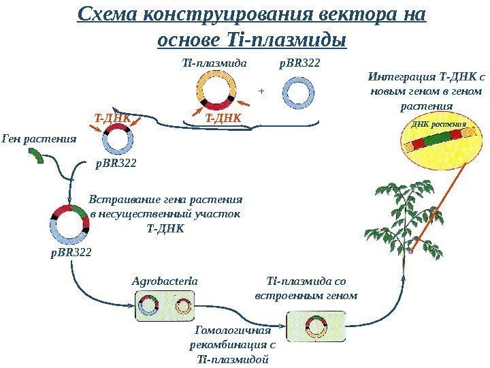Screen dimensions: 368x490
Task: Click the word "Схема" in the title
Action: [108, 14]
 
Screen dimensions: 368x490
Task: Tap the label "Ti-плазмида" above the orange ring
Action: [212, 63]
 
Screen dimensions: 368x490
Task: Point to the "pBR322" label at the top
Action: [300, 63]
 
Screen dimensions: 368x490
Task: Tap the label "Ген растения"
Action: [39, 140]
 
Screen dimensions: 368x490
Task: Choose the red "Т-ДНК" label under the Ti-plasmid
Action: [224, 119]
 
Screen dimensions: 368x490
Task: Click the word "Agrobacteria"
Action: [165, 280]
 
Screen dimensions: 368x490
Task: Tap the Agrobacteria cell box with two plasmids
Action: [165, 305]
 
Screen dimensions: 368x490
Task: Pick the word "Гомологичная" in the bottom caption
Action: [233, 331]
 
